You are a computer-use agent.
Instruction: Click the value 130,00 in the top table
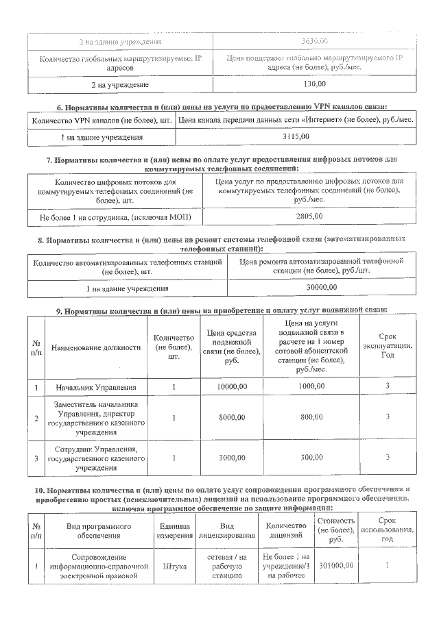click(314, 84)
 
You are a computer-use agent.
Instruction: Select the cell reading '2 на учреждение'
click(120, 84)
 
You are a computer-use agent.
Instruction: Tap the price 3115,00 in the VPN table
click(296, 137)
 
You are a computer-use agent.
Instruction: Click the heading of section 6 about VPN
click(222, 106)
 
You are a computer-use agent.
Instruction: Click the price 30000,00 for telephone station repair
click(321, 287)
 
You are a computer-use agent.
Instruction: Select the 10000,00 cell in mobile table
click(231, 388)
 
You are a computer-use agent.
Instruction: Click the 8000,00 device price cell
click(231, 417)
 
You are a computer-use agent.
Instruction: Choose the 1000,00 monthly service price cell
click(311, 388)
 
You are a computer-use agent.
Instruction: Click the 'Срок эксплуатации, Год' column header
click(388, 347)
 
